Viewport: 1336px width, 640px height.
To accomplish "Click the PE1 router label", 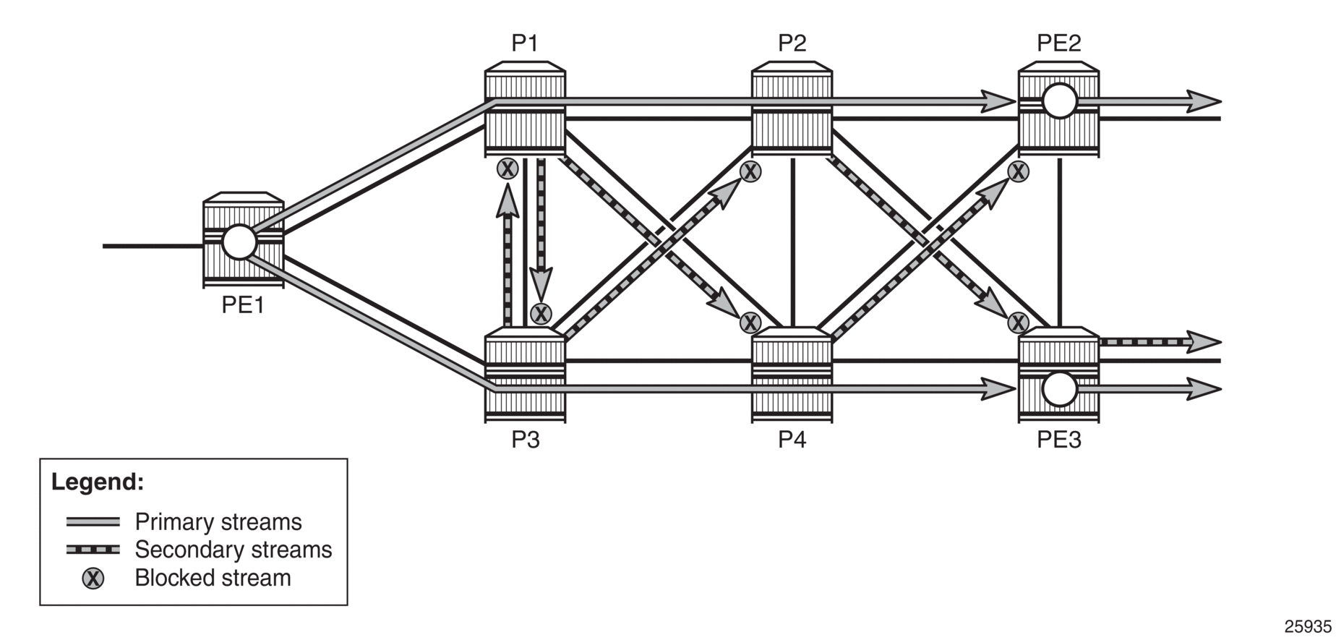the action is click(x=243, y=305).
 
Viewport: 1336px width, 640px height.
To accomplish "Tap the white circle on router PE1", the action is click(x=239, y=242).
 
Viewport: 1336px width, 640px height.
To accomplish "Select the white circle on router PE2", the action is click(x=1060, y=101).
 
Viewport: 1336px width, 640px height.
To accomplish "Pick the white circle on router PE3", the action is click(x=1060, y=389).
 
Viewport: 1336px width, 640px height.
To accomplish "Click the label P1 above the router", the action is click(x=525, y=43).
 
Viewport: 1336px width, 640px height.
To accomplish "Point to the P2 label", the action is click(x=792, y=43).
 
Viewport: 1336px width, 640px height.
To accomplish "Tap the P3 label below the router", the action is click(x=526, y=440).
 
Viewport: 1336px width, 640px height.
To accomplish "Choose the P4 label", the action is click(x=792, y=440).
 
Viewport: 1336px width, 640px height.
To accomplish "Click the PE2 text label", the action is click(x=1059, y=43).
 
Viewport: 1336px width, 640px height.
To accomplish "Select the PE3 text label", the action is click(x=1059, y=440).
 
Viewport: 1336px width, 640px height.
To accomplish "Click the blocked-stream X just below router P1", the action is click(x=508, y=169).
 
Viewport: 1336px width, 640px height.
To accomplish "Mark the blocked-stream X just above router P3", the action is click(x=541, y=314).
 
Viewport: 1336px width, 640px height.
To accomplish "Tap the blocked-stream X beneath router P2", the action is click(x=751, y=171).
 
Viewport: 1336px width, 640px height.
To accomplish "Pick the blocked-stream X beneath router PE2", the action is click(x=1019, y=171).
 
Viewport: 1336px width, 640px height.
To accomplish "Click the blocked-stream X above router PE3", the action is click(x=1019, y=322).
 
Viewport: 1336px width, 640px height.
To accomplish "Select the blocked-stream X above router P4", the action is click(x=751, y=322).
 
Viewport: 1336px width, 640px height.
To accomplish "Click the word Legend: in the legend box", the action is click(x=98, y=482).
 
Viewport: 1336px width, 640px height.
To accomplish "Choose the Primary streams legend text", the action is click(x=218, y=522).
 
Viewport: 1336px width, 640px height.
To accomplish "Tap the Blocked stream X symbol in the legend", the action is click(x=93, y=579).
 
